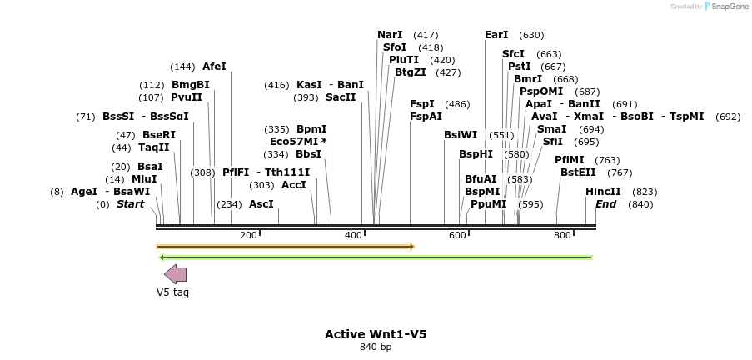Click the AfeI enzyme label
[214, 67]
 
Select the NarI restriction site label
[390, 35]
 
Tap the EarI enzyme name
[496, 35]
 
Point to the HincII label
[603, 192]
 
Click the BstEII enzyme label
[578, 172]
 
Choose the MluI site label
[144, 179]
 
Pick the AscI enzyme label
[261, 204]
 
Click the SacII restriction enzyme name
[341, 97]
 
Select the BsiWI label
[461, 135]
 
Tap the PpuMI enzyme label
[488, 204]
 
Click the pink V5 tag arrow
[175, 274]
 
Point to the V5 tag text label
[173, 292]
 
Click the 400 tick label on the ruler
[353, 236]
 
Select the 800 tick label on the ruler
[562, 236]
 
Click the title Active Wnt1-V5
[376, 334]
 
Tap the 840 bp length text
[376, 347]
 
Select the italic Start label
[130, 204]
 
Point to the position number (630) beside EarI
[531, 35]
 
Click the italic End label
[605, 204]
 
